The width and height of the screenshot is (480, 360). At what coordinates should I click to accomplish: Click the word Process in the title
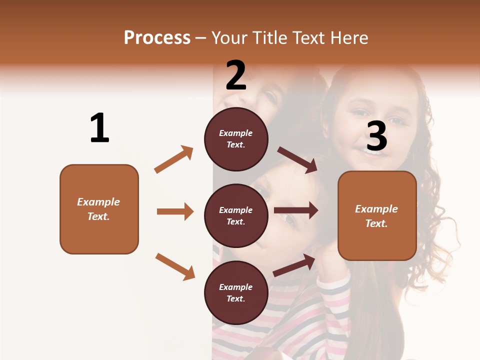pos(157,38)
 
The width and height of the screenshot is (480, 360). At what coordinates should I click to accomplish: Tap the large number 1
pos(99,128)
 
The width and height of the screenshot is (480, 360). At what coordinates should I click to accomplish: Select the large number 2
pos(236,75)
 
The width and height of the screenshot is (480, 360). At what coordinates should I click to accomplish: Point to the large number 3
pos(376,136)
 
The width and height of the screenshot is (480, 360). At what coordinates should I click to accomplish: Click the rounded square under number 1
pos(99,209)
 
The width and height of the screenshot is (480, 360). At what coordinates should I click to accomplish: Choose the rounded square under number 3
pos(377,215)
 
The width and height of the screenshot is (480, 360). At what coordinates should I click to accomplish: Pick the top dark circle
pos(236,139)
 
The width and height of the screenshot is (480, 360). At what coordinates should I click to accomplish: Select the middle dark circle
pos(236,215)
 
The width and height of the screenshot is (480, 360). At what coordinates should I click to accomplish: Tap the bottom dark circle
pos(236,292)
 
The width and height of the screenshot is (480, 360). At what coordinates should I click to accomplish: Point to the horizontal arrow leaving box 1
pos(175,211)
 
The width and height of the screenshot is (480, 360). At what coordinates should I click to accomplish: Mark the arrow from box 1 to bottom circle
pos(175,266)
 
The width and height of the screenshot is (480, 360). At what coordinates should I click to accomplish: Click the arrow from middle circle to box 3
pos(295,210)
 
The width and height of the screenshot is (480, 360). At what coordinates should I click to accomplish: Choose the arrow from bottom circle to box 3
pos(294,265)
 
